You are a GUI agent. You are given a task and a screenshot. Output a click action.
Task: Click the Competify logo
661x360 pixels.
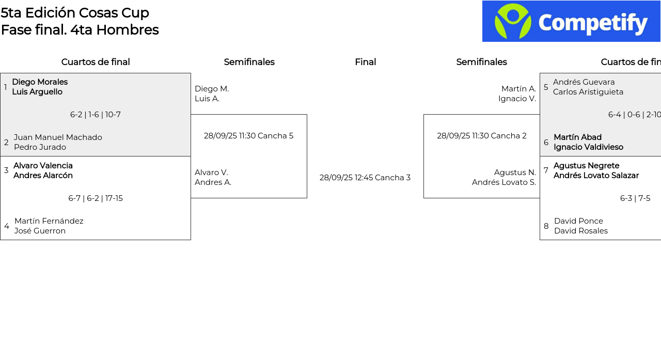pyautogui.click(x=571, y=21)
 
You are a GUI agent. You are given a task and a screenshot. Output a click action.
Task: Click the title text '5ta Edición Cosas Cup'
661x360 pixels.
pyautogui.click(x=75, y=13)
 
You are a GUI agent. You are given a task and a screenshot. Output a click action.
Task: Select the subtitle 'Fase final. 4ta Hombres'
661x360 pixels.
pyautogui.click(x=80, y=30)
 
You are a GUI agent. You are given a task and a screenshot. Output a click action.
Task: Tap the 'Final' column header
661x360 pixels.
pyautogui.click(x=365, y=62)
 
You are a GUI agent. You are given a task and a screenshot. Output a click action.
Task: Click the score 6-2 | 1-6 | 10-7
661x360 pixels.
pyautogui.click(x=96, y=115)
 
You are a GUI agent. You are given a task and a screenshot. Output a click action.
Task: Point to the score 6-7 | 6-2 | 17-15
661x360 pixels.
pyautogui.click(x=96, y=198)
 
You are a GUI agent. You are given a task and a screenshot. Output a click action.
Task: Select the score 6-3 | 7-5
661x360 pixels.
pyautogui.click(x=635, y=198)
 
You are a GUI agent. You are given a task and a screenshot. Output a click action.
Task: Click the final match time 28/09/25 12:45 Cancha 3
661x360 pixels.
pyautogui.click(x=365, y=178)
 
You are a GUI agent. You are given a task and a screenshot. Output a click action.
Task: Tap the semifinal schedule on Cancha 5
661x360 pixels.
pyautogui.click(x=248, y=136)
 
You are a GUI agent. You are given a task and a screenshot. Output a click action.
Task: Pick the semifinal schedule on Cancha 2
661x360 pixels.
pyautogui.click(x=482, y=136)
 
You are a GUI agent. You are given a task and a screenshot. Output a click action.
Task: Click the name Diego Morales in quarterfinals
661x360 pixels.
pyautogui.click(x=40, y=82)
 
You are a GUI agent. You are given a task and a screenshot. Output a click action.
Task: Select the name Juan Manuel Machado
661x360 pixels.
pyautogui.click(x=58, y=137)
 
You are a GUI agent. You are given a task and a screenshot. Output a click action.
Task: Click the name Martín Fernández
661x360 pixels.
pyautogui.click(x=49, y=221)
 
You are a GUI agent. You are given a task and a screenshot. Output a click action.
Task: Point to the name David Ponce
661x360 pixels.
pyautogui.click(x=578, y=221)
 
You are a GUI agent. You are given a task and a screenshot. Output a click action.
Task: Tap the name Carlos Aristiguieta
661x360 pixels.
pyautogui.click(x=588, y=92)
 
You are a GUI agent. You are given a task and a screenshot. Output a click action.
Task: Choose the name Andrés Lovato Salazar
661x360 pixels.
pyautogui.click(x=596, y=176)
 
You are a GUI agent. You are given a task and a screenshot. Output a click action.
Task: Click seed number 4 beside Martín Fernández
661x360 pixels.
pyautogui.click(x=7, y=226)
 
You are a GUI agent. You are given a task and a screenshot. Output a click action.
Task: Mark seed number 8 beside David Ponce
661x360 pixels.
pyautogui.click(x=546, y=226)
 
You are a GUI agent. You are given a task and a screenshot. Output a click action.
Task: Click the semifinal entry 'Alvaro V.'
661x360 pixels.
pyautogui.click(x=211, y=173)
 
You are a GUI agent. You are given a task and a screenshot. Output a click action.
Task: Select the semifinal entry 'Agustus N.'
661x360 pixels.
pyautogui.click(x=515, y=173)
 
